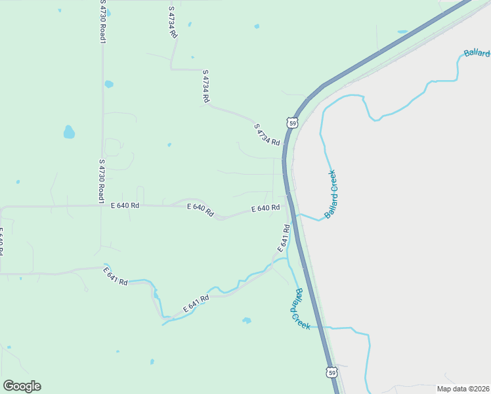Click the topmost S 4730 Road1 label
click(x=102, y=22)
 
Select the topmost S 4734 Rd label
click(x=173, y=22)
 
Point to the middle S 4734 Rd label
click(x=205, y=86)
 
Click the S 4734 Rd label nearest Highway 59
click(x=267, y=135)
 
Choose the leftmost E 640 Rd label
click(x=125, y=206)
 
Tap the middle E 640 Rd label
click(x=200, y=210)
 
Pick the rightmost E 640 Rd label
click(x=266, y=208)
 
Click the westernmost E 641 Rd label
click(x=116, y=276)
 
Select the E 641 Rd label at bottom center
click(x=196, y=303)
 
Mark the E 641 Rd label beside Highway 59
click(x=284, y=238)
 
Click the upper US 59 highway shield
click(x=292, y=122)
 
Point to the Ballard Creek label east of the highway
click(x=330, y=194)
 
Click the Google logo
click(x=22, y=386)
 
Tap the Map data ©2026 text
click(x=463, y=389)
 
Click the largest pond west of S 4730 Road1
click(x=69, y=132)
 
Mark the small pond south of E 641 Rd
click(x=247, y=320)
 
